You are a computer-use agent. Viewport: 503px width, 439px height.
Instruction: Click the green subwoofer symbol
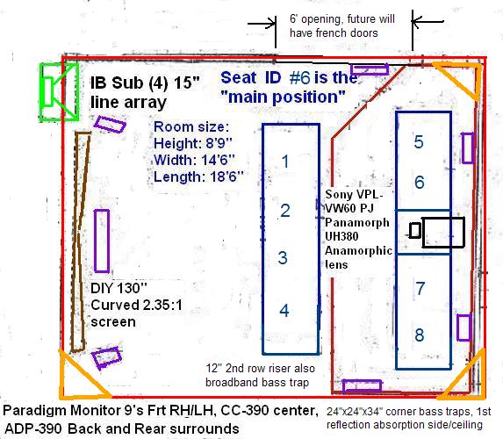pyautogui.click(x=59, y=92)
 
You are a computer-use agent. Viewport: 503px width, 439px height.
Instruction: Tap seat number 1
pyautogui.click(x=285, y=161)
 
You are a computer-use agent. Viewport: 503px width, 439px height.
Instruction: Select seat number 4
pyautogui.click(x=284, y=310)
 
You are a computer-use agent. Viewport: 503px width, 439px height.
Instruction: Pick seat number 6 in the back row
pyautogui.click(x=420, y=182)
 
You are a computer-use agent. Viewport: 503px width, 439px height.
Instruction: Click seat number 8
pyautogui.click(x=420, y=335)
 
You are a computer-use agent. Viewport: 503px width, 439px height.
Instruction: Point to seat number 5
pyautogui.click(x=419, y=142)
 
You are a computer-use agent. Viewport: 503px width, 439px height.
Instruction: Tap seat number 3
pyautogui.click(x=283, y=257)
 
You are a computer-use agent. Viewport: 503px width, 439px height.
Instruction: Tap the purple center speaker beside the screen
pyautogui.click(x=102, y=241)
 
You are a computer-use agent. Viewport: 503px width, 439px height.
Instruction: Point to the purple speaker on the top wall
pyautogui.click(x=370, y=69)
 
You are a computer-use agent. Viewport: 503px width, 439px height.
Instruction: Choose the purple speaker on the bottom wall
pyautogui.click(x=362, y=386)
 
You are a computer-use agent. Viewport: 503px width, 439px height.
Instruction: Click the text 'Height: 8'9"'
pyautogui.click(x=193, y=143)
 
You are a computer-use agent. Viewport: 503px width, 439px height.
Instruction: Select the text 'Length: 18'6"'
pyautogui.click(x=198, y=176)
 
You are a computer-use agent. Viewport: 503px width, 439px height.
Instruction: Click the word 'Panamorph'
pyautogui.click(x=357, y=222)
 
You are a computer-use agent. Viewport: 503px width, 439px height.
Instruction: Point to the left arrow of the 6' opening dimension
pyautogui.click(x=262, y=24)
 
